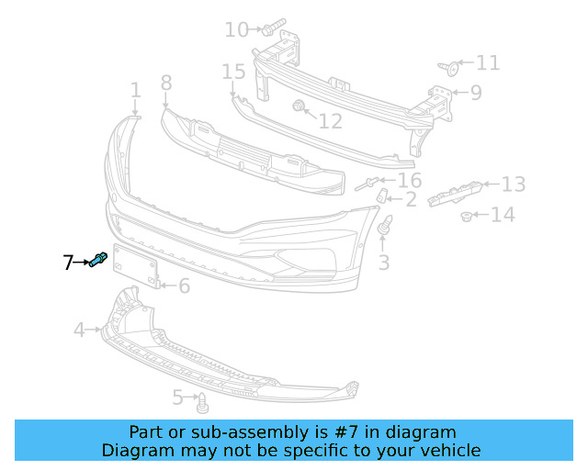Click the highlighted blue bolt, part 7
tap(99, 261)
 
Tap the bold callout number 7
tap(68, 263)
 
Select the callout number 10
tap(236, 30)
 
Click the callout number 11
tap(488, 62)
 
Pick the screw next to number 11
tap(448, 66)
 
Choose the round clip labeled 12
tap(300, 108)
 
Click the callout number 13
tap(513, 185)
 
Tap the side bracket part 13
tap(457, 194)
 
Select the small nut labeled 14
tap(467, 217)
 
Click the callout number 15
tap(233, 72)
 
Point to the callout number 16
tap(409, 180)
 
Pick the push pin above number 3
tap(386, 224)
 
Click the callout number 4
tap(79, 329)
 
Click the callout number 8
tap(166, 84)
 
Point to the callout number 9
tap(475, 92)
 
